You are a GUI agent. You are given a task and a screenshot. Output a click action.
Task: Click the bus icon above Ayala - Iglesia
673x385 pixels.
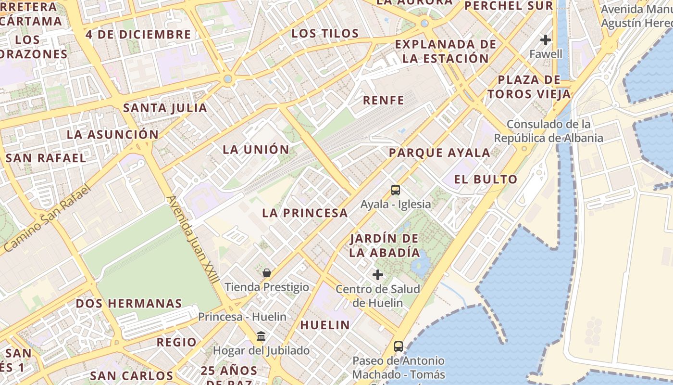click(395, 190)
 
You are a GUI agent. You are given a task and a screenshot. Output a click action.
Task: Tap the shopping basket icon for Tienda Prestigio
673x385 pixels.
click(267, 273)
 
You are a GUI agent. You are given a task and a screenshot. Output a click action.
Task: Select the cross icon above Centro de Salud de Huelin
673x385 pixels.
click(378, 275)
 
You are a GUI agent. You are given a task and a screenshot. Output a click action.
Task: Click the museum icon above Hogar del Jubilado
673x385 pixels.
click(261, 336)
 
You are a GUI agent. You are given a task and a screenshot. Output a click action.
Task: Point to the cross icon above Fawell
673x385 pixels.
click(546, 39)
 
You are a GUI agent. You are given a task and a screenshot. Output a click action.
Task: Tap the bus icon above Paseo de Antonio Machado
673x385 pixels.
click(398, 346)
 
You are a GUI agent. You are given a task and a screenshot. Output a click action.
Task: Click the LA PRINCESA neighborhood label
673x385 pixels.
click(305, 213)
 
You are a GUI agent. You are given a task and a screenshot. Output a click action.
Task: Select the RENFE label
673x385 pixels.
click(383, 100)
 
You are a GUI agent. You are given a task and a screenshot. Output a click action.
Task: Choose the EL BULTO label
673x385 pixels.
click(486, 180)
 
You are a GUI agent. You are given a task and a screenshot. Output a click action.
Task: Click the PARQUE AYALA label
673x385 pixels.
click(439, 153)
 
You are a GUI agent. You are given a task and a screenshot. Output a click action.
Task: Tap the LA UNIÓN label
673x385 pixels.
click(256, 150)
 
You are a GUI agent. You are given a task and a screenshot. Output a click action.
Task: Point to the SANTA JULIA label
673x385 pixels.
click(165, 108)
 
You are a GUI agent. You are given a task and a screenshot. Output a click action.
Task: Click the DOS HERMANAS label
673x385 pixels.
click(129, 304)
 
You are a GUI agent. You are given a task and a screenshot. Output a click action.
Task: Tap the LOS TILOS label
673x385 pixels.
click(325, 34)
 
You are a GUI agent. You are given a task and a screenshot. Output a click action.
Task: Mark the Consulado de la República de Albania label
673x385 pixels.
click(548, 131)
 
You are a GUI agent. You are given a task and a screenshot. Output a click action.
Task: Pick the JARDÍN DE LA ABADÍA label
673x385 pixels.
click(385, 245)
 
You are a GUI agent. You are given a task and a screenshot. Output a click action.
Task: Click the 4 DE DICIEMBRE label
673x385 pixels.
click(138, 35)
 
